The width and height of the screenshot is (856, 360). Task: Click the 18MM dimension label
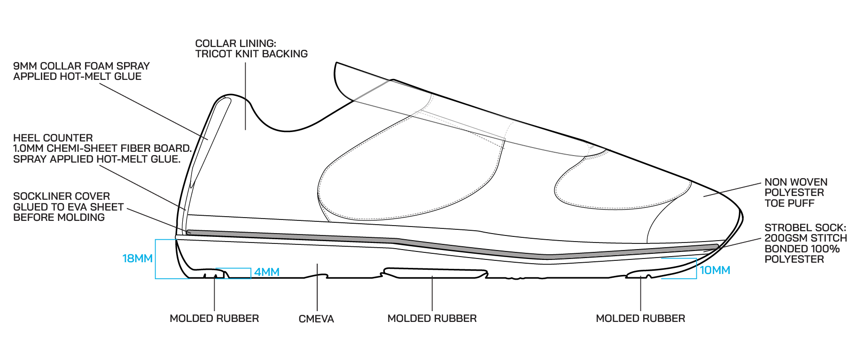137,258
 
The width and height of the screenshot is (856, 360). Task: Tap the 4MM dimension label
266,272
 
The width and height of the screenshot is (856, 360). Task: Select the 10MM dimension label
715,270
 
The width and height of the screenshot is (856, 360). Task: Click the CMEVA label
316,319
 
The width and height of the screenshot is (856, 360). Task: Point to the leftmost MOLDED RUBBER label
214,319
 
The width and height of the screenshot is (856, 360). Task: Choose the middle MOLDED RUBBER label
432,319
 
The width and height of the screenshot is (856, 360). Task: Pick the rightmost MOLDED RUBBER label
640,319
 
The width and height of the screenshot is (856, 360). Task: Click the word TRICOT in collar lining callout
212,54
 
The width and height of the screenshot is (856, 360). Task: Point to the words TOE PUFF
789,203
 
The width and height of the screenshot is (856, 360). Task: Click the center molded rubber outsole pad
435,272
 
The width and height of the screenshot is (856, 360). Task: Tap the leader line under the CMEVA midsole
317,287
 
